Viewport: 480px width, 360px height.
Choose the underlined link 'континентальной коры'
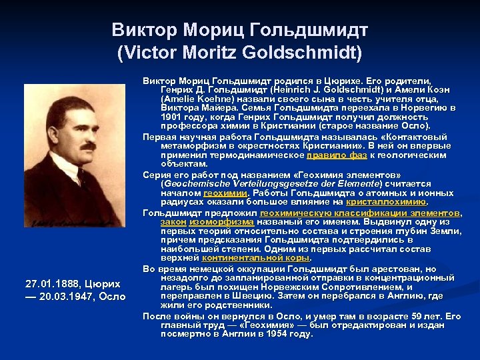point(256,257)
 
